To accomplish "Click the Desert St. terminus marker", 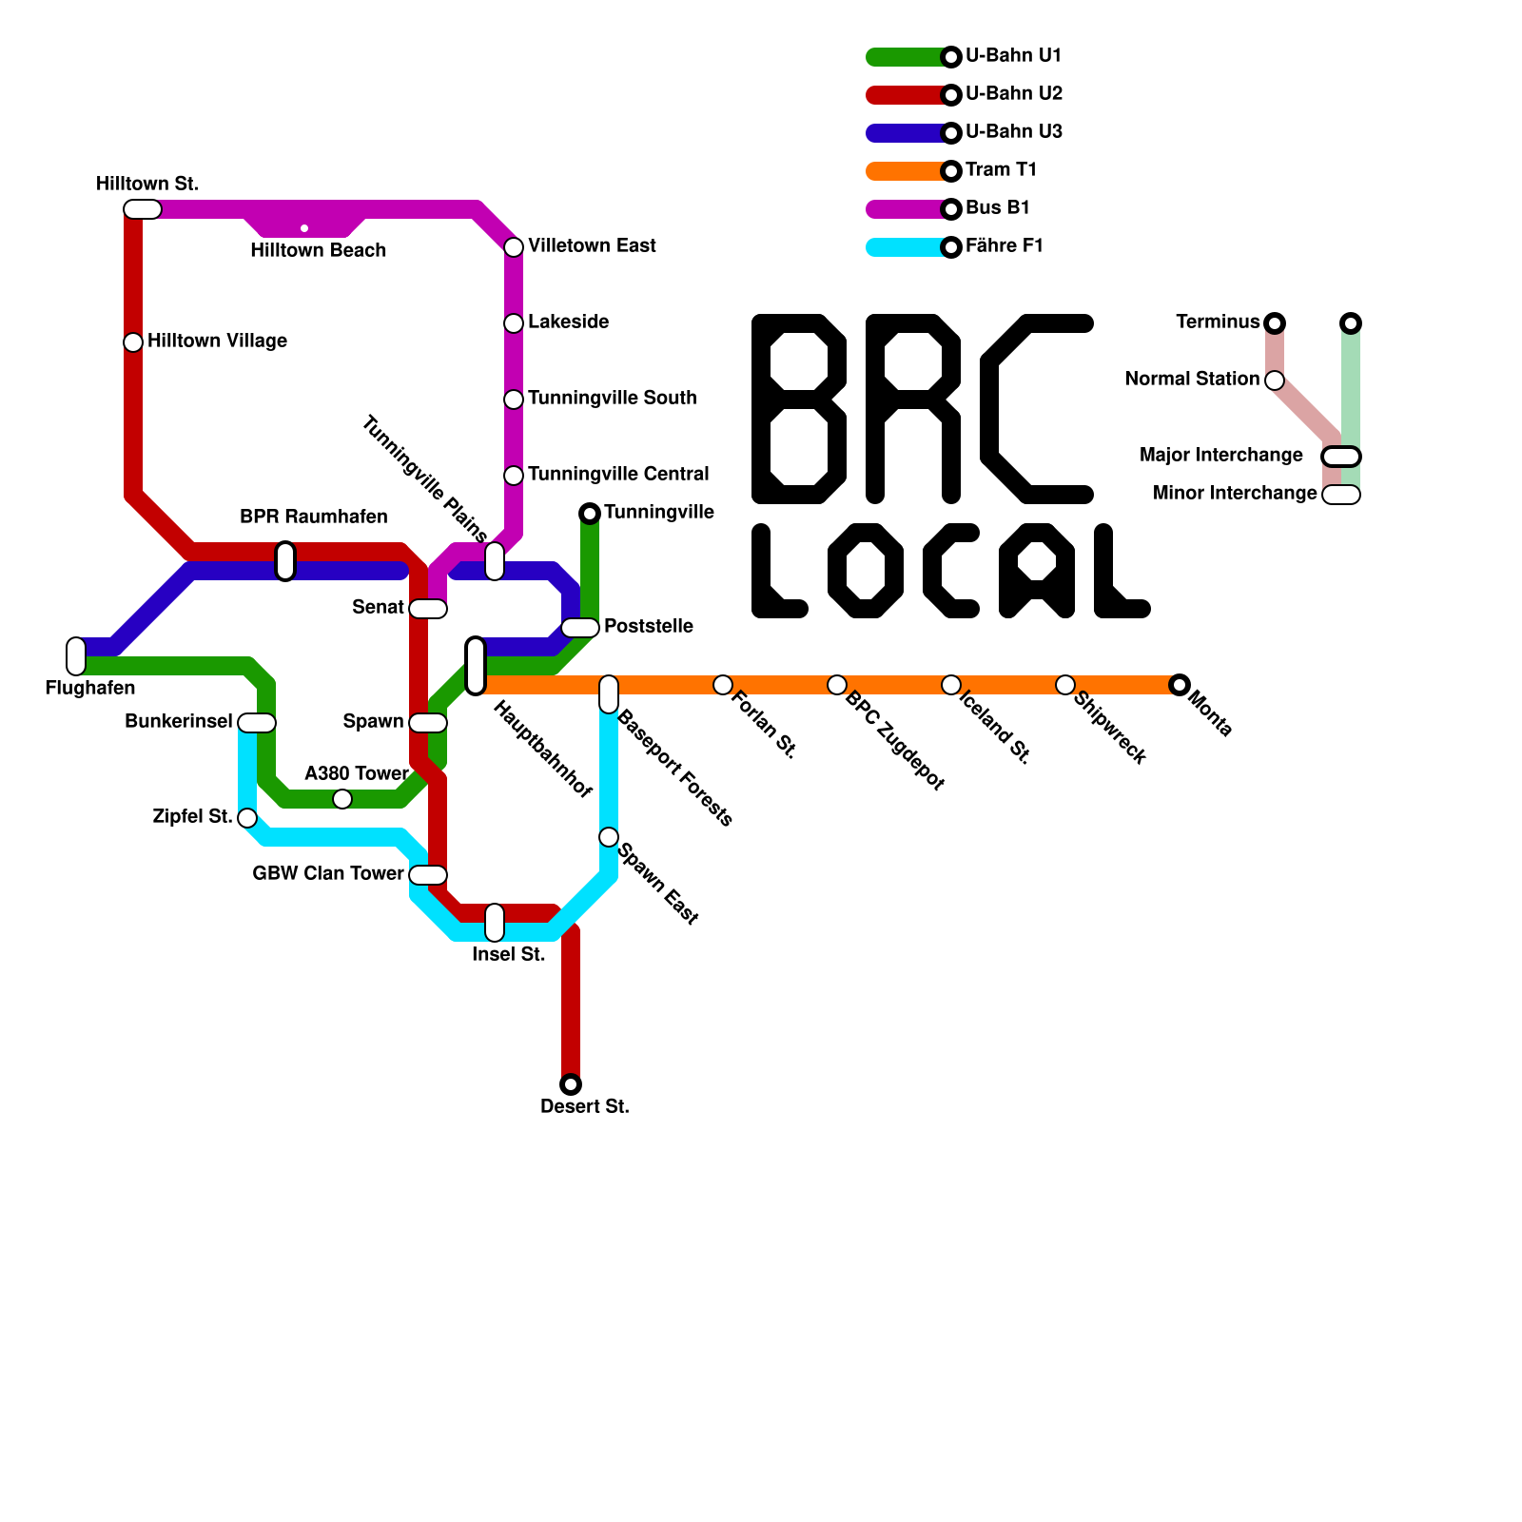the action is tap(571, 1084).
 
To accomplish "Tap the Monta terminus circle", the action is tap(1180, 685).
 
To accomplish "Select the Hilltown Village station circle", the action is tap(133, 342).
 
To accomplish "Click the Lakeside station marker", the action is tap(514, 323).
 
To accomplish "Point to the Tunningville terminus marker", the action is tap(590, 514).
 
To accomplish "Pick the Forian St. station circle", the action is tap(723, 685).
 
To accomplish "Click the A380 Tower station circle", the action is tap(342, 799).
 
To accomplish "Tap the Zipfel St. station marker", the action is tap(247, 818).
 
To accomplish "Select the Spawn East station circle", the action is tap(609, 837).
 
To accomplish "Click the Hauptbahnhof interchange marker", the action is tap(476, 666).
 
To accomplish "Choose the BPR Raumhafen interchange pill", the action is tap(285, 561).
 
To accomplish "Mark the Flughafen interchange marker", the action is tap(76, 656).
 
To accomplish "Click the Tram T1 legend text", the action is tap(1001, 170).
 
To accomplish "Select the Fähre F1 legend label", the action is tap(1004, 246).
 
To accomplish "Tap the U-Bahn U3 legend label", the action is tap(1013, 132).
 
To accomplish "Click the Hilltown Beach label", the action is tap(318, 251).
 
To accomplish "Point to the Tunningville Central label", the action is tap(618, 475).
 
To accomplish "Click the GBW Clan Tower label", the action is tap(328, 874).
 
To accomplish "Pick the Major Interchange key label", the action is tap(1220, 456).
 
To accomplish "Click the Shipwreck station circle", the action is tap(1065, 685).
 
